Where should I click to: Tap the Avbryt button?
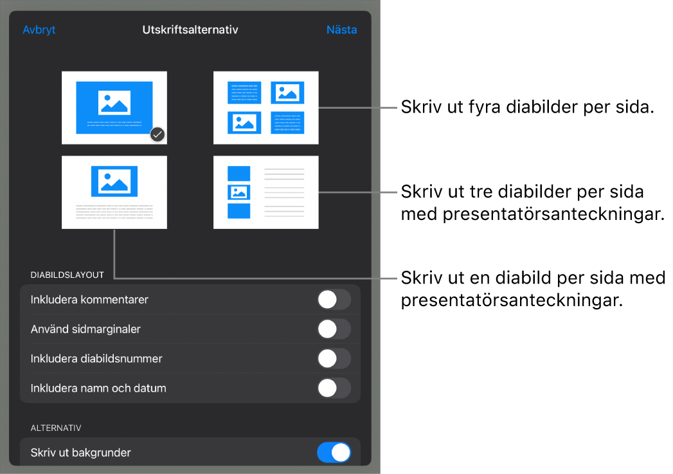point(39,30)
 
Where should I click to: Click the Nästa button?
point(342,30)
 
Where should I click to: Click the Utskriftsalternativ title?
point(190,30)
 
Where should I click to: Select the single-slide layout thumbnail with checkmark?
point(114,108)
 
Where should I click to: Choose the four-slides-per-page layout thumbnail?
point(266,108)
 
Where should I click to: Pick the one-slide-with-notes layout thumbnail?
point(114,192)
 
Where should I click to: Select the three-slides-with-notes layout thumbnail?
point(266,192)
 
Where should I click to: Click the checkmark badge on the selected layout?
point(158,135)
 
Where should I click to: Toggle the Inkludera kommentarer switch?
point(334,300)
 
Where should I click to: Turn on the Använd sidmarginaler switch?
point(334,329)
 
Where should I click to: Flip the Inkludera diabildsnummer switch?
point(334,359)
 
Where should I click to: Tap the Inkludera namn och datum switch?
point(334,388)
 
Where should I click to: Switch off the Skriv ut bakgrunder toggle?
point(334,453)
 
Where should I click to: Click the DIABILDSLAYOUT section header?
point(67,275)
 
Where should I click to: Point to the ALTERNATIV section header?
point(56,428)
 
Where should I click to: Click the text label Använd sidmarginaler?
point(85,329)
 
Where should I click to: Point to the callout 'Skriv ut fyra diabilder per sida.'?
point(528,107)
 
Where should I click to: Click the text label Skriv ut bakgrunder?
point(81,453)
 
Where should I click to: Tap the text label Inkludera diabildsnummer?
point(96,359)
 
